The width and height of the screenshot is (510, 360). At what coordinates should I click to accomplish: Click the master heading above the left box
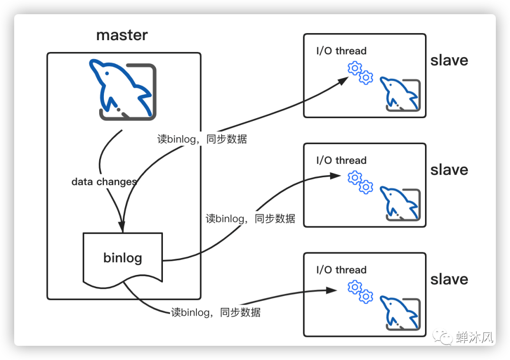coord(122,35)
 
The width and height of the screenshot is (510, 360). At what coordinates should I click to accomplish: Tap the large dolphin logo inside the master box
coord(123,89)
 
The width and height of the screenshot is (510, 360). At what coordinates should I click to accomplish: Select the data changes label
coord(104,182)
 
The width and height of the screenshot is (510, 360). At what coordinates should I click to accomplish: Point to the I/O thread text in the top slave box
coord(341,51)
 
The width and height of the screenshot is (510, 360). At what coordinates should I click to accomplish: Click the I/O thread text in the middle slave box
coord(341,161)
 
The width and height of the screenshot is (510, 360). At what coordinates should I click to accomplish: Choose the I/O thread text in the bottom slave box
coord(341,270)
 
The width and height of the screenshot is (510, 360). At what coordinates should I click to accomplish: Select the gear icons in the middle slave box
coord(360,182)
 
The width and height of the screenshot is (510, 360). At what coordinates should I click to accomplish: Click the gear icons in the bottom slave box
coord(360,291)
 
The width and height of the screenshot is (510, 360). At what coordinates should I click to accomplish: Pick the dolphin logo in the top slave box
coord(400,94)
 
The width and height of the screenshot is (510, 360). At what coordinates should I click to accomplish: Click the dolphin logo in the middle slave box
coord(400,204)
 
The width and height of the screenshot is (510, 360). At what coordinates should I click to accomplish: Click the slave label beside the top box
coord(449,60)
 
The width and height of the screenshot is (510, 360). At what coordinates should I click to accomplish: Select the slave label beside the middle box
coord(449,170)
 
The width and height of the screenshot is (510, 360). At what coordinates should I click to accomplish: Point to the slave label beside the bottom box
coord(449,280)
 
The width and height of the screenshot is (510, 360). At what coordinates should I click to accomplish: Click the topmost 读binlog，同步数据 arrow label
coord(202,139)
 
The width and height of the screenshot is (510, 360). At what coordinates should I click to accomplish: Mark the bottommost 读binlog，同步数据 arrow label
coord(215,312)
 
